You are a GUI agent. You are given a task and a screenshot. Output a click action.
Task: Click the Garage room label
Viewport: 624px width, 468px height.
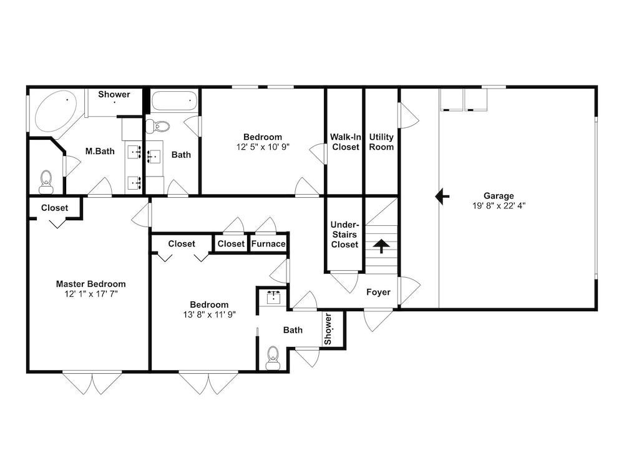coord(499,196)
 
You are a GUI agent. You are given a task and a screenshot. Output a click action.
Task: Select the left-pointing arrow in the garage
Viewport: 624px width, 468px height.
coord(442,197)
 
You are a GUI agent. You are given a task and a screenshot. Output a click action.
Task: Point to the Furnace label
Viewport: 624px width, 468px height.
coord(268,244)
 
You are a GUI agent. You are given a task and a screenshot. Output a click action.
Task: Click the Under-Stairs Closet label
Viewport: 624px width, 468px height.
coord(344,235)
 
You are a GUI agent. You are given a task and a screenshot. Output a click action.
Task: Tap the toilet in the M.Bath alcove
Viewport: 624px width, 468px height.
coord(46,182)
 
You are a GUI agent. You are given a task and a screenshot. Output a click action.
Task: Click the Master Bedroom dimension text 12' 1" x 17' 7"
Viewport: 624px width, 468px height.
coord(90,294)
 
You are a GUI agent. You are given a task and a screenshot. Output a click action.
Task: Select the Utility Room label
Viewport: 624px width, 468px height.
coord(381,142)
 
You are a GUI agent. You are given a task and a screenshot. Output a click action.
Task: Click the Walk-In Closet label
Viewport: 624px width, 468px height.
coord(346,142)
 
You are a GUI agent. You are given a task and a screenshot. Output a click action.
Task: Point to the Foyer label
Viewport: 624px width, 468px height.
coord(379,292)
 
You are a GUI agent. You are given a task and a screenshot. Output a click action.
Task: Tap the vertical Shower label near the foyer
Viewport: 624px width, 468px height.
coord(328,329)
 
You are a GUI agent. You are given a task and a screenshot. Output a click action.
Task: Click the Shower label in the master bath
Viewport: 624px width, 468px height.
coord(114,94)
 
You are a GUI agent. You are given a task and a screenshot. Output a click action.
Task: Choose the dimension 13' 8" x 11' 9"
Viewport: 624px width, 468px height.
coord(209,314)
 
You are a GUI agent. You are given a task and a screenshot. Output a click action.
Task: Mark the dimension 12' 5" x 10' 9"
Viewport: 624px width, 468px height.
coord(263,147)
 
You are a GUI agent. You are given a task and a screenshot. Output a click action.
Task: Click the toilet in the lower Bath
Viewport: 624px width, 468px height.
coord(273,358)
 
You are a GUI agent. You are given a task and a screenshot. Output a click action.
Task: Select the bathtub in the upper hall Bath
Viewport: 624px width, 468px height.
coord(174,101)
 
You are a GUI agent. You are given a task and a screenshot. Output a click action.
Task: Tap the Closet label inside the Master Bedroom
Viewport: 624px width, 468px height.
coord(54,208)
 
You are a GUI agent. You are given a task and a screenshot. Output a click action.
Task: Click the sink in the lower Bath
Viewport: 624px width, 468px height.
coord(274,297)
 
